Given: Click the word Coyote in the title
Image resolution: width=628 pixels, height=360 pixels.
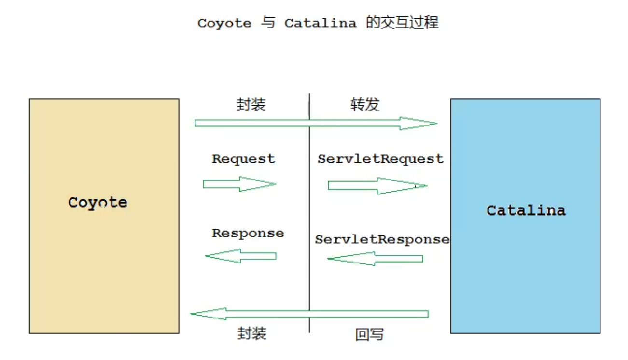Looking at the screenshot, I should coord(224,23).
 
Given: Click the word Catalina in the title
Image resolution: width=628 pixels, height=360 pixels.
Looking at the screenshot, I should coord(320,23).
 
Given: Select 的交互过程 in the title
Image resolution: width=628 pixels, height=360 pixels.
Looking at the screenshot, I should coord(402,23).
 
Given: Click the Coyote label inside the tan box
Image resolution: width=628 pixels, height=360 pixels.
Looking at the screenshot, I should coord(98,202).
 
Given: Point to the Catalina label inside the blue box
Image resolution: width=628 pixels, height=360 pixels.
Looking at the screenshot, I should coord(526,210).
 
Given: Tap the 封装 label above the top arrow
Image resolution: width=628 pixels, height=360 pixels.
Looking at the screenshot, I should coord(251,105).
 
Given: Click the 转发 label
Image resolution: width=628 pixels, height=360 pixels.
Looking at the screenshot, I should coord(365,105).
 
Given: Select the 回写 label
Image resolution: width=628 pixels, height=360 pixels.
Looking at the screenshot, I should coord(370,334).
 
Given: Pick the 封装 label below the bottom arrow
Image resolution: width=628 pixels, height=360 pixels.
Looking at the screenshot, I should coord(252,333).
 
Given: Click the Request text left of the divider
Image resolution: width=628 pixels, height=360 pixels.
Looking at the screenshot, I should coord(243,159).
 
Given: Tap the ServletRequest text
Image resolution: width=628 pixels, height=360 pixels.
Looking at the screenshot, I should coord(380,159).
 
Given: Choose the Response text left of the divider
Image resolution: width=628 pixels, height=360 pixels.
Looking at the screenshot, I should coord(248,233).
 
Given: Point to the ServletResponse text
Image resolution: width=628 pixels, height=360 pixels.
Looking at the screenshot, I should coord(382,239).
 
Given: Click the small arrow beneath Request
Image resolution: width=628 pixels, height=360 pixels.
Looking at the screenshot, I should coord(239,184).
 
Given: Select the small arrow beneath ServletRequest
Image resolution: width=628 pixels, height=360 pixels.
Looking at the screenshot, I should coord(377,186).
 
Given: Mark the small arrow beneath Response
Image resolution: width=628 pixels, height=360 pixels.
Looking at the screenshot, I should coord(241,256).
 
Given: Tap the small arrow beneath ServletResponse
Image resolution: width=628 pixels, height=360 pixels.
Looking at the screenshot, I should coord(375,259).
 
